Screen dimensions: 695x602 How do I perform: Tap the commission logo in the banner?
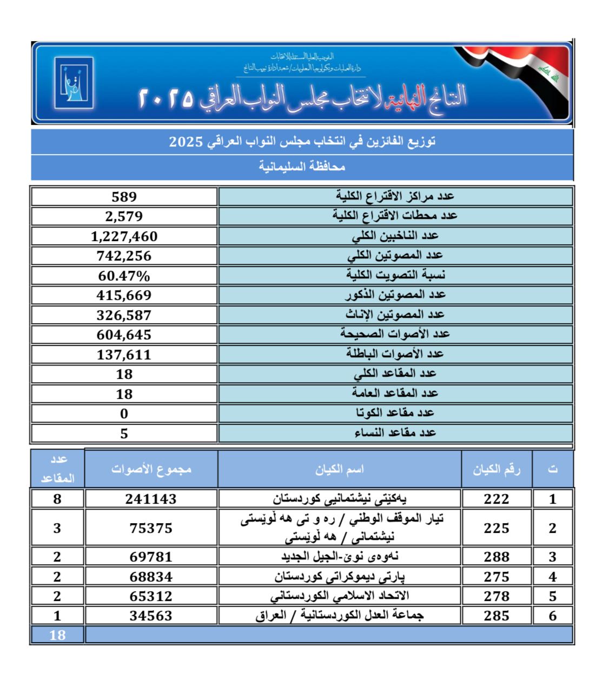point(74,83)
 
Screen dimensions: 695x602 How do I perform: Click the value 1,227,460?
point(124,236)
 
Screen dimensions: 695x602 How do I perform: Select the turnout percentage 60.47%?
point(124,276)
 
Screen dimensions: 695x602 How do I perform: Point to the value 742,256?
point(124,256)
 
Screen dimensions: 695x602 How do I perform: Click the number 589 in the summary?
point(124,197)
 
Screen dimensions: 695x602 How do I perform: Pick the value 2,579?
point(124,216)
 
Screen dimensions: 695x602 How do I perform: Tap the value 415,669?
point(124,295)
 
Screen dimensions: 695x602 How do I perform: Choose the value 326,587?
point(124,315)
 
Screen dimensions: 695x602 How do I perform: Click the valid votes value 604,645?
point(124,335)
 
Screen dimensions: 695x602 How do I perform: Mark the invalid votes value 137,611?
point(124,355)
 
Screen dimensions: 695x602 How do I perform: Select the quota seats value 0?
point(124,414)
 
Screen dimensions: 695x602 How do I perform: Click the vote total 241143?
point(151,499)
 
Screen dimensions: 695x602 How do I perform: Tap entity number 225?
point(497,527)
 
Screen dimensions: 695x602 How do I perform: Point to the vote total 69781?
point(151,557)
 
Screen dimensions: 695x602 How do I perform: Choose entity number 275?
point(497,577)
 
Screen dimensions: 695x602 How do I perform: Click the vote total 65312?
point(151,596)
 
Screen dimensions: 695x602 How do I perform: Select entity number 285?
point(497,616)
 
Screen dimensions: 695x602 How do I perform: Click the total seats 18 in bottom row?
point(57,635)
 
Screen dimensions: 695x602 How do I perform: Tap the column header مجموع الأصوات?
point(151,469)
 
